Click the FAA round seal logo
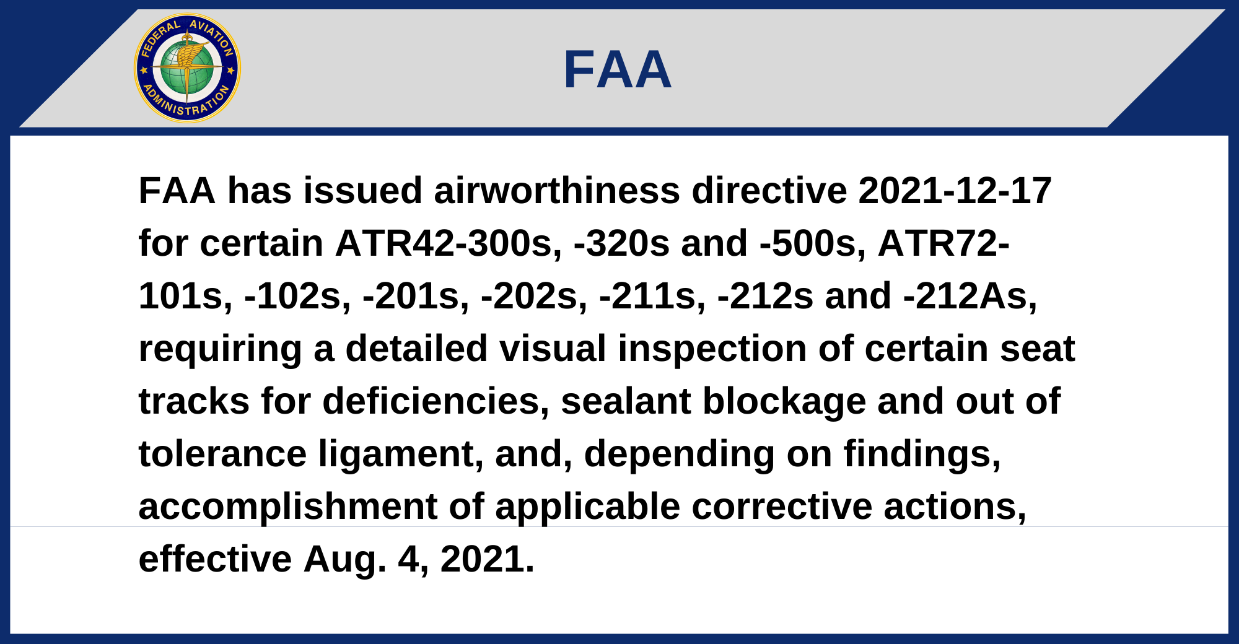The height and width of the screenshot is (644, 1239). pos(187,68)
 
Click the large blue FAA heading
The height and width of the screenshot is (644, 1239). pos(618,70)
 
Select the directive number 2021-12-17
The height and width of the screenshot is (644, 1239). pos(955,190)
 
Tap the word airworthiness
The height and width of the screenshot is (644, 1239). pos(557,190)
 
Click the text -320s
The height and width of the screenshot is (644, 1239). pos(622,243)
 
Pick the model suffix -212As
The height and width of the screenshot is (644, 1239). pos(970,295)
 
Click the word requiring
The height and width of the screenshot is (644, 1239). pos(220,349)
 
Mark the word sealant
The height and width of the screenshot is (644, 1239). pos(626,401)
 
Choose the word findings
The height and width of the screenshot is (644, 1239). pos(922,455)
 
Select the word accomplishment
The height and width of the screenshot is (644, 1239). pos(288,507)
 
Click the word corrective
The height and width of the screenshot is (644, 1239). pos(782,506)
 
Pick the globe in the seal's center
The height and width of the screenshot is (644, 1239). pos(187,68)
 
